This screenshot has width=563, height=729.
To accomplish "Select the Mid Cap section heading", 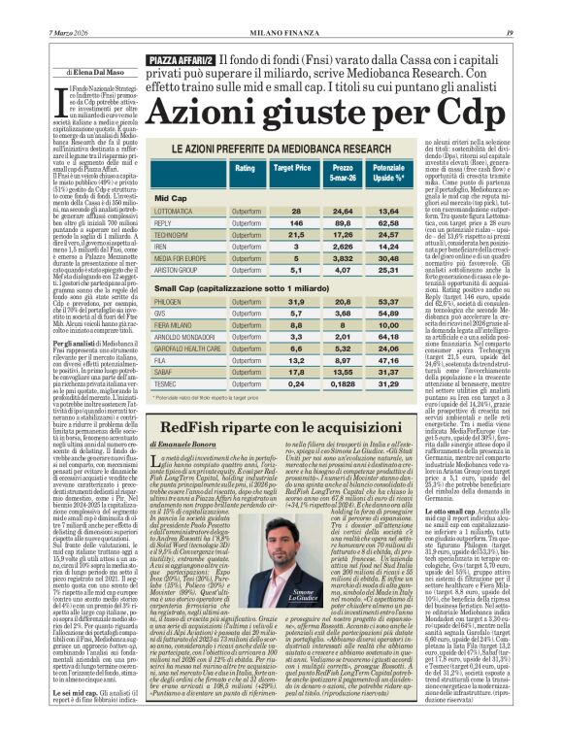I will click(171, 197).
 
